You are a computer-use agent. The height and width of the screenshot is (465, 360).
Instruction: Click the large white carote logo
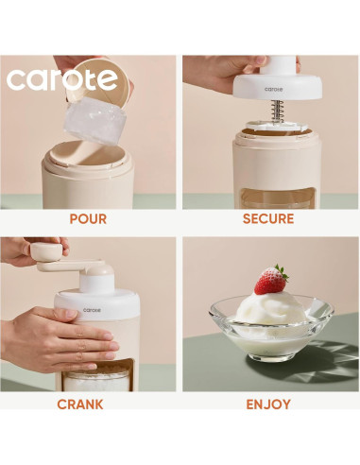[x=62, y=77]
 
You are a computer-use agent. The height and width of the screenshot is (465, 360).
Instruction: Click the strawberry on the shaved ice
[x=271, y=280]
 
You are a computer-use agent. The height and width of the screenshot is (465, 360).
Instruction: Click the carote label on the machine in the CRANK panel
[x=92, y=309]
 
